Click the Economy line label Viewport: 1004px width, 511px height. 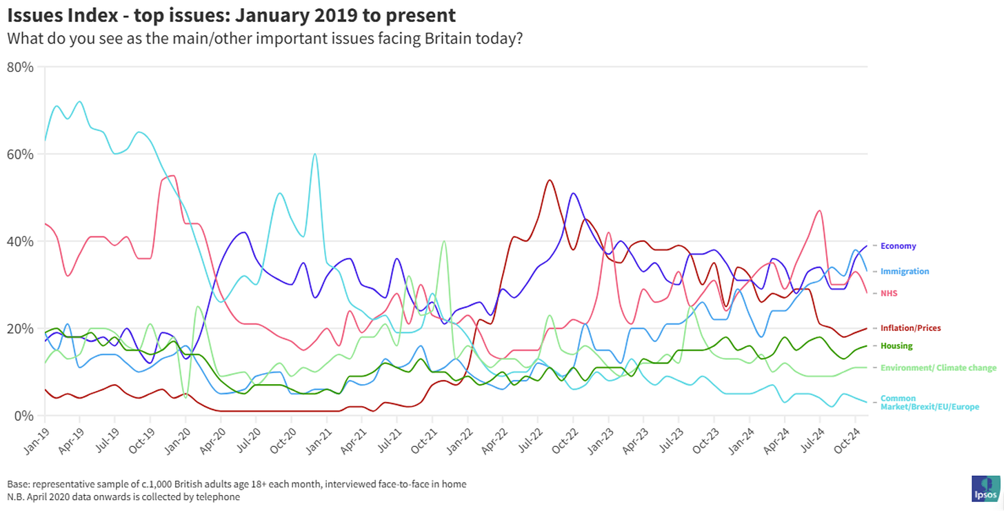[898, 246]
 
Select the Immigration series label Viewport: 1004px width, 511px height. [905, 272]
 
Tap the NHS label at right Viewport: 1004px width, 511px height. [890, 294]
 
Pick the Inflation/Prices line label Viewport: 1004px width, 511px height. [910, 328]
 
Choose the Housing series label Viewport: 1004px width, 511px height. [896, 346]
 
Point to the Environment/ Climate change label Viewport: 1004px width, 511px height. [938, 368]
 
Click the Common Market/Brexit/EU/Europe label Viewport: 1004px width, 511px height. [929, 403]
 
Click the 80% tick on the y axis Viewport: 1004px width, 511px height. [21, 67]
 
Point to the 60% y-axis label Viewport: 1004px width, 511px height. [21, 154]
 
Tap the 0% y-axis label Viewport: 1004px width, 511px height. [24, 416]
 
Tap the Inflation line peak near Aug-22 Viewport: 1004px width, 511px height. [549, 180]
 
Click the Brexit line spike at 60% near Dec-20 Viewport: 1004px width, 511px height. [314, 154]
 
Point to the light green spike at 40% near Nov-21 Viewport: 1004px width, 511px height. [443, 241]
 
